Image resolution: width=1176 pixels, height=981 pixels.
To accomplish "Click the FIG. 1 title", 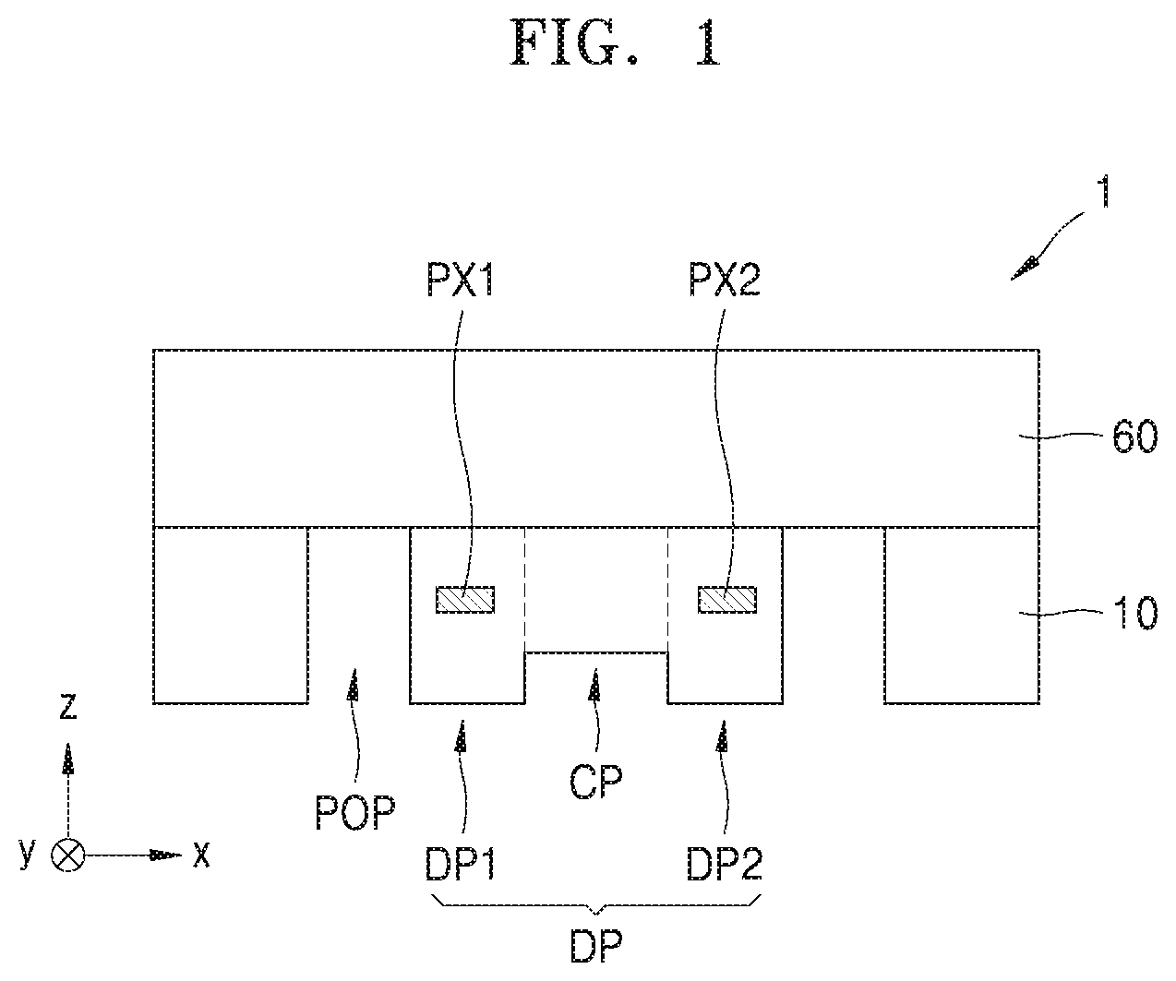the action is coord(615,42).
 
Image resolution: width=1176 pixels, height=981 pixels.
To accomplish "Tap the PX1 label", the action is coord(460,280).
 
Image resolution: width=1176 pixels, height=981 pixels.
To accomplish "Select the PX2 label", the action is coord(725,280).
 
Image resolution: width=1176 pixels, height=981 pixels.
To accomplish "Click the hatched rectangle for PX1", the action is coord(465,599).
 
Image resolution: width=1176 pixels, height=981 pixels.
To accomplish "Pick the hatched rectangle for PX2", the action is coord(727,599).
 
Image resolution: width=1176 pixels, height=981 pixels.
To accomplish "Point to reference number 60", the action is coord(1134,437).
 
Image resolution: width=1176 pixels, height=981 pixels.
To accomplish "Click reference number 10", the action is coord(1134,613).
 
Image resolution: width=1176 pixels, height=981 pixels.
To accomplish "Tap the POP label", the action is coord(355,813).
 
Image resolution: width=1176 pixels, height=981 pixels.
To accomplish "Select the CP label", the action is coord(596,782).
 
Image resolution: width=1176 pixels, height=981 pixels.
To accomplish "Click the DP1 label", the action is coord(460,864).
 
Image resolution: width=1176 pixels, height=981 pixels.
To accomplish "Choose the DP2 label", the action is coord(725,864).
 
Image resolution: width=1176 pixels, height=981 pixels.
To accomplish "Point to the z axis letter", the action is coord(68,707).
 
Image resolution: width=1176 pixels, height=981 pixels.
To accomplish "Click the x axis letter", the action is coord(201,855).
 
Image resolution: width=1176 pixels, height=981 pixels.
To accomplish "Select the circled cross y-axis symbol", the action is coord(67,855).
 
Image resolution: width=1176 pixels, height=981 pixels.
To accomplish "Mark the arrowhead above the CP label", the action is coord(594,684).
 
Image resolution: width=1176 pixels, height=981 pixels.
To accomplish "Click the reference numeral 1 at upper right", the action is coord(1105,191).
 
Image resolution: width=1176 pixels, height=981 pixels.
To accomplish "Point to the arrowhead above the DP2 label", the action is coord(722,736).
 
